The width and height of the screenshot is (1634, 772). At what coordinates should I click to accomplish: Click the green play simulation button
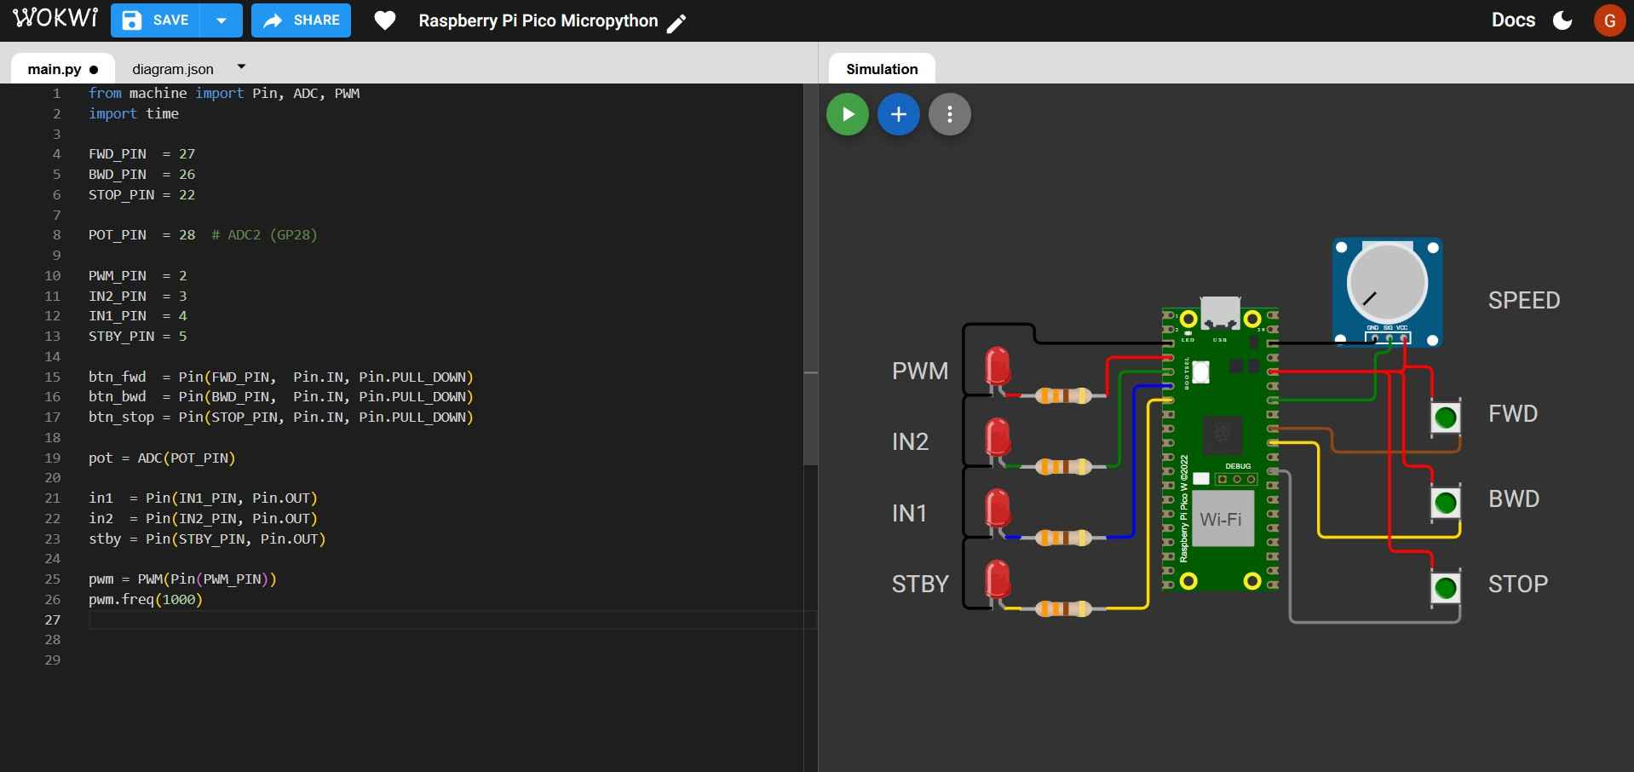click(847, 114)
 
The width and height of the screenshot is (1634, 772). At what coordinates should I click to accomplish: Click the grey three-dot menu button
click(949, 114)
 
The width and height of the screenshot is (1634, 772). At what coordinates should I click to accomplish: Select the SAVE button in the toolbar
click(156, 20)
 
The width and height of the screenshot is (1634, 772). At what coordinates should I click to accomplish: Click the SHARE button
click(301, 20)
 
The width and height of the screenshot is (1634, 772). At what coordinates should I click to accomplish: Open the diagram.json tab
click(173, 69)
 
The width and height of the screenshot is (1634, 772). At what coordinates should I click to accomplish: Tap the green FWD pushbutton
click(1445, 418)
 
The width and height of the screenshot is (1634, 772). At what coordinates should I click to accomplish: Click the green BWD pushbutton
click(1445, 503)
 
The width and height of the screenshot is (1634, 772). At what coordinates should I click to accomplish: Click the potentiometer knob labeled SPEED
click(1386, 284)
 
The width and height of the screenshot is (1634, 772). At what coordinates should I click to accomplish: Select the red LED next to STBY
click(997, 579)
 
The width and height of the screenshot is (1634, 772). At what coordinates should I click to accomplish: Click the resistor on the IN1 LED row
click(1062, 538)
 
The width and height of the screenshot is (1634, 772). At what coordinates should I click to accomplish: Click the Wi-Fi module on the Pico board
click(1221, 518)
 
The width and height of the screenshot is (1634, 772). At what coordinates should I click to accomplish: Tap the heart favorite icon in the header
click(385, 20)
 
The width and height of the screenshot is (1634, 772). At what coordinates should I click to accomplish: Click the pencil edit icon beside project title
click(676, 23)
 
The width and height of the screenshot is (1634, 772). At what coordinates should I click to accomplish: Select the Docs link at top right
click(1513, 20)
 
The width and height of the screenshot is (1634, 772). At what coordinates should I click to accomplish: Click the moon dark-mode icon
click(1562, 20)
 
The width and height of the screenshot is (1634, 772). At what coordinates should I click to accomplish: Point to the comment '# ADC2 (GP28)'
click(264, 234)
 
